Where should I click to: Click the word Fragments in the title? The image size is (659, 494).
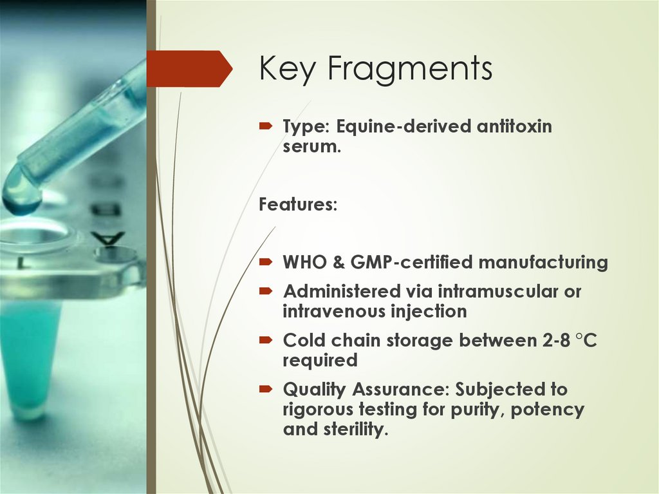click(x=409, y=69)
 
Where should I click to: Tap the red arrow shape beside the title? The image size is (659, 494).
click(x=189, y=68)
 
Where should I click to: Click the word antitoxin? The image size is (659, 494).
click(x=514, y=126)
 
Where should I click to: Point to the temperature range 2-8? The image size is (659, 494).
click(x=552, y=341)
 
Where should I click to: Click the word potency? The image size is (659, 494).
click(x=548, y=410)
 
